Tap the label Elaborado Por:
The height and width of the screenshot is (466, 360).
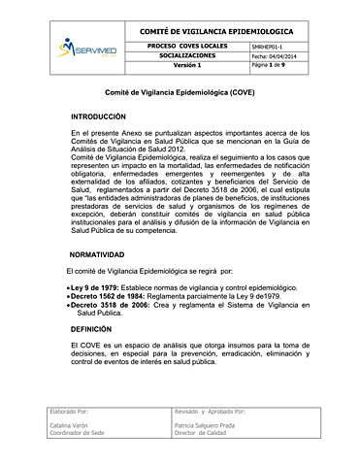click(70, 413)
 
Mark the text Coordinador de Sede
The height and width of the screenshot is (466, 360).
click(81, 435)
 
